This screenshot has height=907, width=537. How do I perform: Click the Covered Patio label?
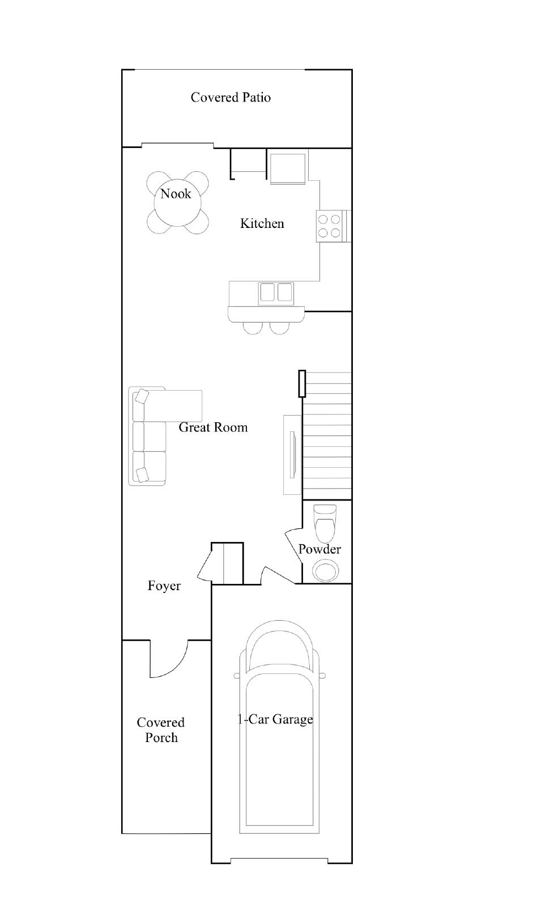tap(231, 98)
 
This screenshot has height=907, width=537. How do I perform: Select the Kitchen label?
tap(262, 223)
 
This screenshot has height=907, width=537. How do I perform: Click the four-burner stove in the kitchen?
tap(329, 226)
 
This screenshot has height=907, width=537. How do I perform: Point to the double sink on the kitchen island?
tap(276, 293)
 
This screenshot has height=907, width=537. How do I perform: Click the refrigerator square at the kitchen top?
tap(288, 169)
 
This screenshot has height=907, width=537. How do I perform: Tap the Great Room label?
tap(213, 427)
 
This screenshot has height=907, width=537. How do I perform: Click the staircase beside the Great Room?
tap(327, 436)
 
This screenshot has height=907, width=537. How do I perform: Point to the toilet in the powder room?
tap(326, 523)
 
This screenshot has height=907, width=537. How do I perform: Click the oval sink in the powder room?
tap(325, 571)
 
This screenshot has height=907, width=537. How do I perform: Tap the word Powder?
tap(319, 549)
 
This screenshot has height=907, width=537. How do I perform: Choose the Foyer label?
tap(164, 586)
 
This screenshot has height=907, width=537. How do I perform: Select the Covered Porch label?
tap(161, 730)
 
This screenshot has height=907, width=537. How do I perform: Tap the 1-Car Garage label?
tap(275, 719)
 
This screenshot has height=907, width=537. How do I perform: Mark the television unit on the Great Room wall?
tap(293, 455)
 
